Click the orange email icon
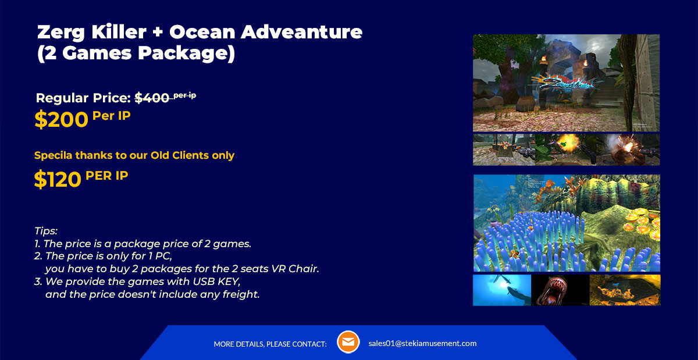[348, 342]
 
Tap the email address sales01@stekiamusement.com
[422, 343]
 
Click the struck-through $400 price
[152, 98]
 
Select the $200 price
[62, 119]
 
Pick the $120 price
[58, 179]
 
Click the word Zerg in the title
[60, 33]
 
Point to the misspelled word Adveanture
[301, 32]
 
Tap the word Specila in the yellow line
[54, 155]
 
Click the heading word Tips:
[46, 231]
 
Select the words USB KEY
[216, 281]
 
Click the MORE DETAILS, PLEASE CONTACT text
[270, 344]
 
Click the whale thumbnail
[502, 290]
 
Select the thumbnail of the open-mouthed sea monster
[560, 290]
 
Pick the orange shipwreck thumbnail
[625, 290]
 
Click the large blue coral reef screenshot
[567, 223]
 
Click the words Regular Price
[83, 98]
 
